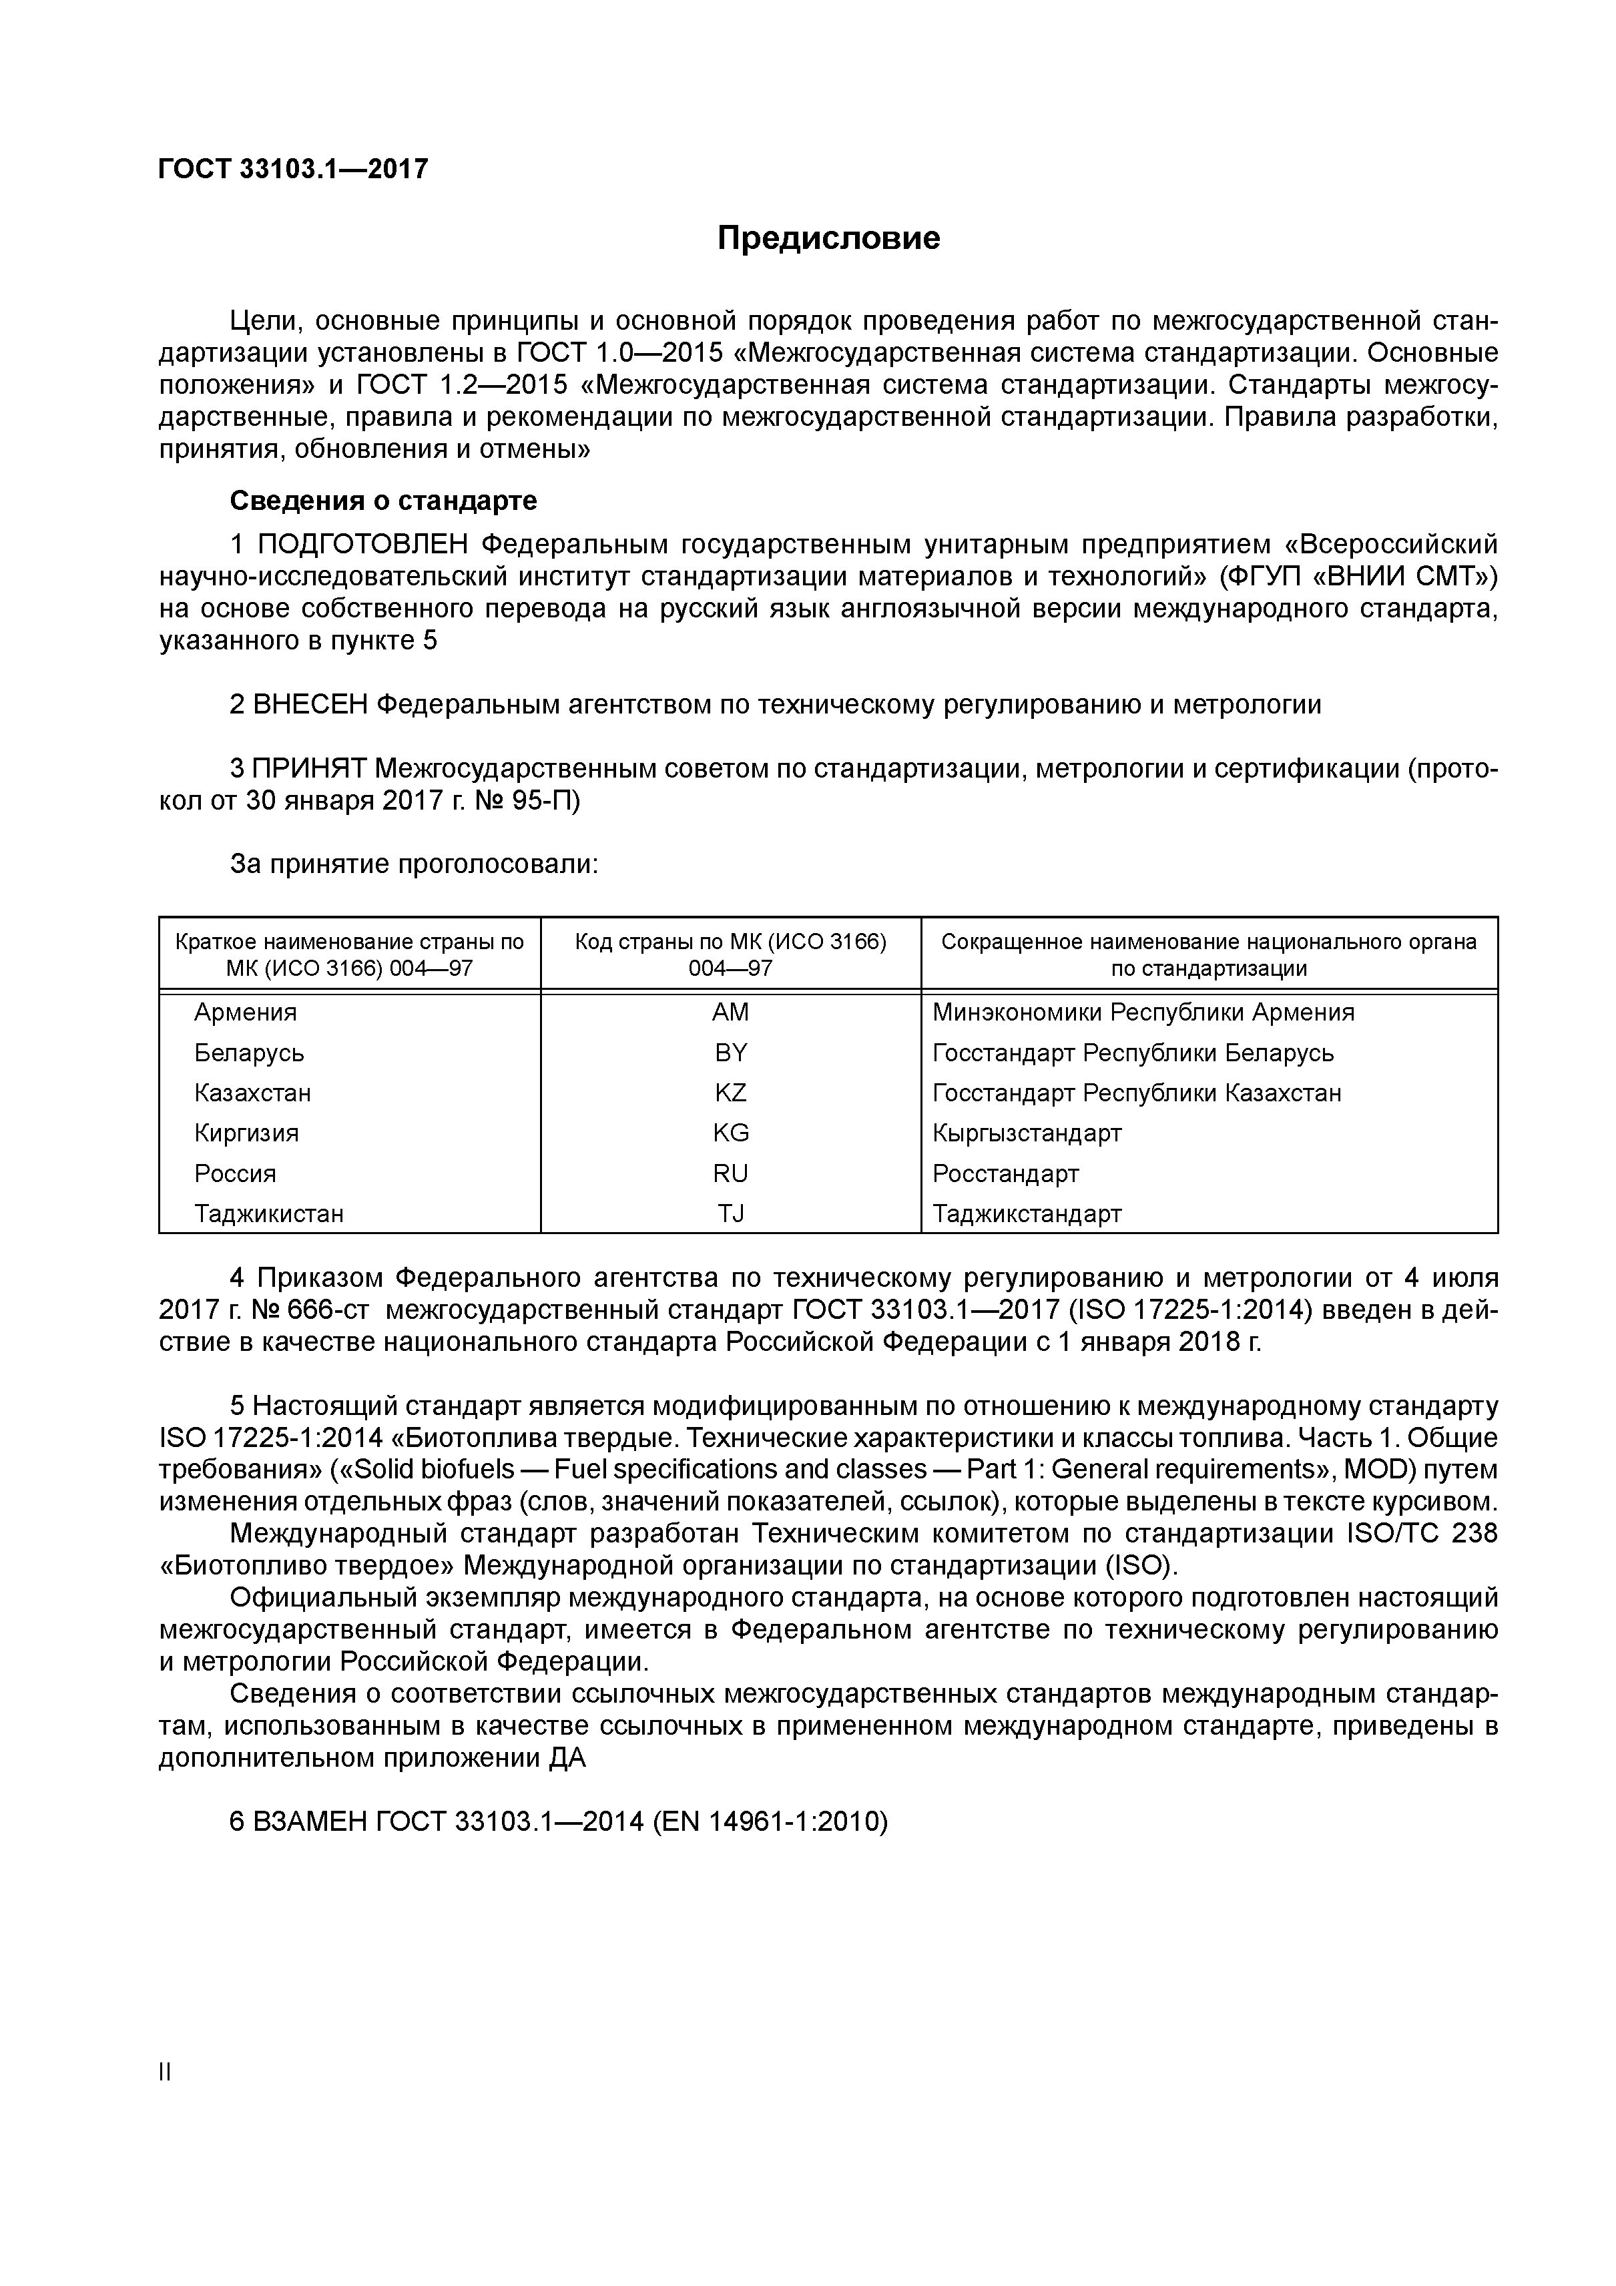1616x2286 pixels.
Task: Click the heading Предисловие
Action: click(x=828, y=238)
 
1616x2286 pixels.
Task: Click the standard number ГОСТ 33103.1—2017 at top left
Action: click(x=293, y=170)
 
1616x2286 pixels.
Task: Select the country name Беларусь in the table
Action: click(x=249, y=1053)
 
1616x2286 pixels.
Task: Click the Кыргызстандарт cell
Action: click(x=1027, y=1133)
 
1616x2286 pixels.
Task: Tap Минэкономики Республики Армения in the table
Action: click(x=1142, y=1013)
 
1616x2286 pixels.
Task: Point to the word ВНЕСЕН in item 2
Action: click(x=310, y=705)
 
